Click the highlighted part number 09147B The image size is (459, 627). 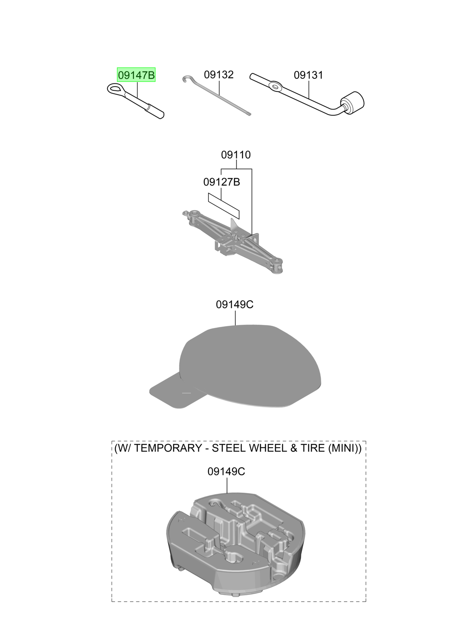pyautogui.click(x=136, y=75)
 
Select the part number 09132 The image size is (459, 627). pyautogui.click(x=219, y=75)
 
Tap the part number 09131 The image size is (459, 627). pyautogui.click(x=308, y=75)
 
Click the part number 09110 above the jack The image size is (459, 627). pyautogui.click(x=236, y=155)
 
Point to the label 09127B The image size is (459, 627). pyautogui.click(x=221, y=182)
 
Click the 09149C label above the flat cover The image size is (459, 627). pyautogui.click(x=235, y=305)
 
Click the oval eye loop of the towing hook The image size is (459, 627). pyautogui.click(x=114, y=89)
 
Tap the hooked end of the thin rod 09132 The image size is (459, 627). pyautogui.click(x=186, y=79)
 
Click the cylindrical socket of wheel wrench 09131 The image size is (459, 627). pyautogui.click(x=352, y=103)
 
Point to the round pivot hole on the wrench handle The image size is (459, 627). pyautogui.click(x=275, y=86)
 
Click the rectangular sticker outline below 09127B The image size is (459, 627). pyautogui.click(x=224, y=206)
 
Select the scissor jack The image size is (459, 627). pyautogui.click(x=233, y=242)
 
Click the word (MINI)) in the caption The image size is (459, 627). pyautogui.click(x=345, y=448)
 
